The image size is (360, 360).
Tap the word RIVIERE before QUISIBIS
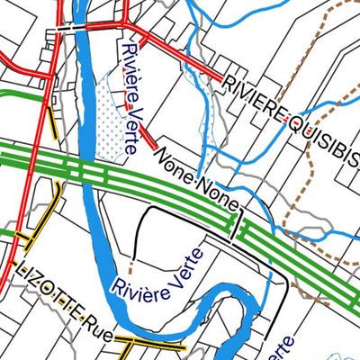coord(256,98)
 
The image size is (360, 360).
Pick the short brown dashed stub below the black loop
coord(132,266)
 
